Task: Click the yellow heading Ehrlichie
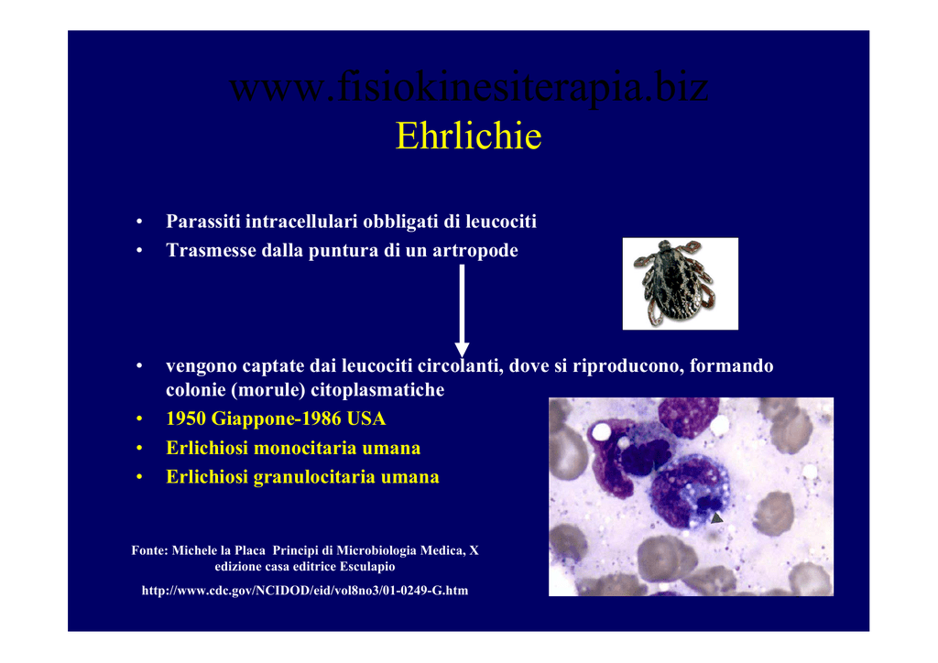(x=468, y=136)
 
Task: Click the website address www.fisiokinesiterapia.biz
(x=469, y=87)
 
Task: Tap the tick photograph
(x=681, y=283)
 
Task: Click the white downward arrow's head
(x=462, y=350)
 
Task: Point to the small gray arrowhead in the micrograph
(x=716, y=517)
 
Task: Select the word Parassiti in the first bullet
(x=203, y=222)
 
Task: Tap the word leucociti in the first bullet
(x=501, y=222)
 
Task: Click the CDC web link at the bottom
(x=305, y=591)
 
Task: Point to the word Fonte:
(x=149, y=550)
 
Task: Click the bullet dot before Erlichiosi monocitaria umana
(x=139, y=449)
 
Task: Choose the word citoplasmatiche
(x=377, y=390)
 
